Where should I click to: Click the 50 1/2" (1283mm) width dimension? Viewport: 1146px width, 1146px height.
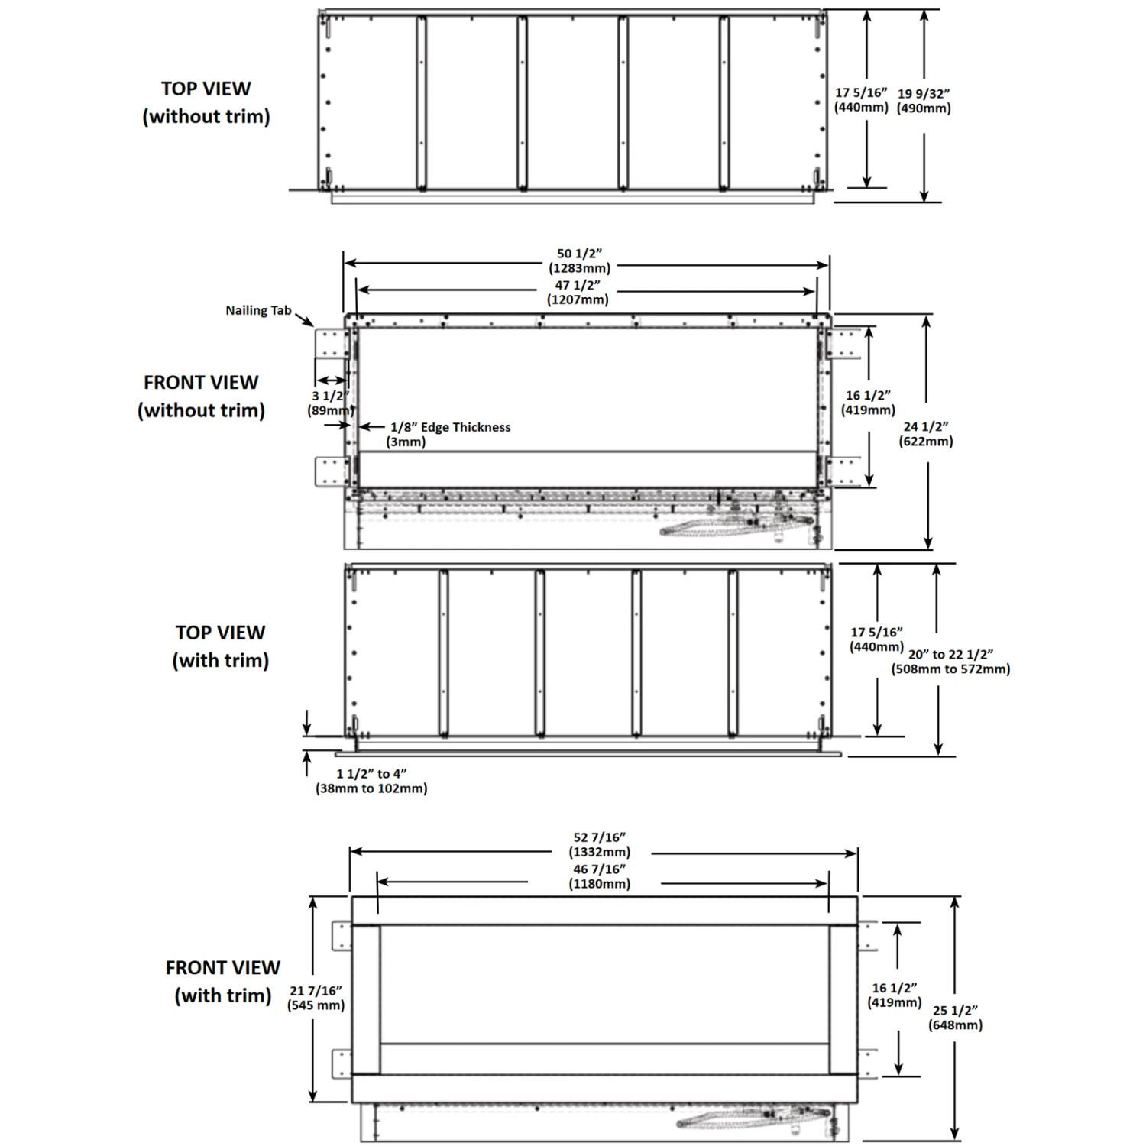pyautogui.click(x=579, y=261)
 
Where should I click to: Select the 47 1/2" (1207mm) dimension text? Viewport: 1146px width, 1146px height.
pyautogui.click(x=578, y=292)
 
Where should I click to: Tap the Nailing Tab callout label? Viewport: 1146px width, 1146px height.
pyautogui.click(x=258, y=311)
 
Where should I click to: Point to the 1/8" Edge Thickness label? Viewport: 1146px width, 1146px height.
pyautogui.click(x=450, y=428)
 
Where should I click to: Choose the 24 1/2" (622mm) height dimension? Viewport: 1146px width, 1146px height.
pyautogui.click(x=926, y=434)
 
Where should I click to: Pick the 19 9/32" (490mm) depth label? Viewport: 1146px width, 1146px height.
pyautogui.click(x=924, y=101)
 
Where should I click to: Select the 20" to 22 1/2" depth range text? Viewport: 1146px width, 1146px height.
pyautogui.click(x=950, y=662)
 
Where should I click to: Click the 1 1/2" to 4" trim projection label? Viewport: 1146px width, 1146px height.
pyautogui.click(x=371, y=781)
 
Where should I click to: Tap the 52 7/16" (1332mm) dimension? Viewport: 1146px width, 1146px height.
pyautogui.click(x=599, y=844)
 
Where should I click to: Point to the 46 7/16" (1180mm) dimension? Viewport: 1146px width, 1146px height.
pyautogui.click(x=599, y=876)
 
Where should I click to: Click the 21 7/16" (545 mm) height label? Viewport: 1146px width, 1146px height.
pyautogui.click(x=316, y=998)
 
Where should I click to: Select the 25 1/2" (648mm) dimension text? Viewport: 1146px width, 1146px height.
pyautogui.click(x=955, y=1018)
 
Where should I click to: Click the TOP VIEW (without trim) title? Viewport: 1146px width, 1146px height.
pyautogui.click(x=206, y=102)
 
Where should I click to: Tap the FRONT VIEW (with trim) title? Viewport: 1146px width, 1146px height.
pyautogui.click(x=223, y=981)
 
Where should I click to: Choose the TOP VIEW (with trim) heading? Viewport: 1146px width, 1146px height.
pyautogui.click(x=221, y=646)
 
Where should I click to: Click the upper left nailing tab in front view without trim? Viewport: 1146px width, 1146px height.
pyautogui.click(x=330, y=345)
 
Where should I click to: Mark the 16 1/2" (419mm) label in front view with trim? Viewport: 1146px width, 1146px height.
pyautogui.click(x=894, y=995)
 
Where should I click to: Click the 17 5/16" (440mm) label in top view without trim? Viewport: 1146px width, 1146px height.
pyautogui.click(x=861, y=100)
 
